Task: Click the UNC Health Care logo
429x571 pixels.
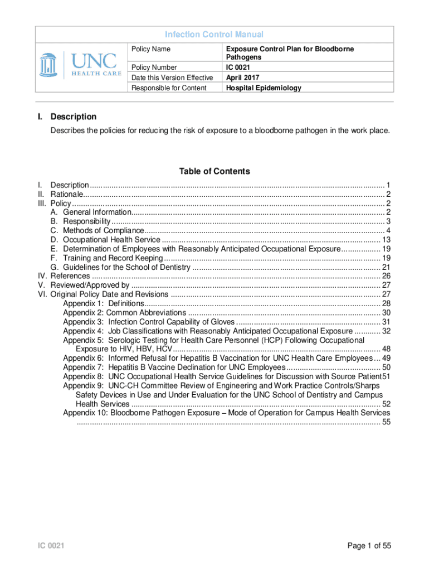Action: coord(80,65)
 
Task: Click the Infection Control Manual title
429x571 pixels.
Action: coord(215,35)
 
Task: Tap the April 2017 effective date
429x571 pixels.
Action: coord(242,78)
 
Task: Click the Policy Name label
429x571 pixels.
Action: coord(150,50)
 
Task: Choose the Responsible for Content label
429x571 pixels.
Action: coord(168,88)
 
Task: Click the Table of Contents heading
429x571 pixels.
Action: coord(214,171)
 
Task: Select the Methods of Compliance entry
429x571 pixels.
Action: coord(103,230)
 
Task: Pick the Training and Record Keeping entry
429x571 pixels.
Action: coord(113,258)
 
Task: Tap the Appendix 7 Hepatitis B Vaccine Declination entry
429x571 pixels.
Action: coord(174,367)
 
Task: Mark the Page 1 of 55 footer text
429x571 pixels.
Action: coord(368,546)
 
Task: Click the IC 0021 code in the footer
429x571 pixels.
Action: coord(50,546)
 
